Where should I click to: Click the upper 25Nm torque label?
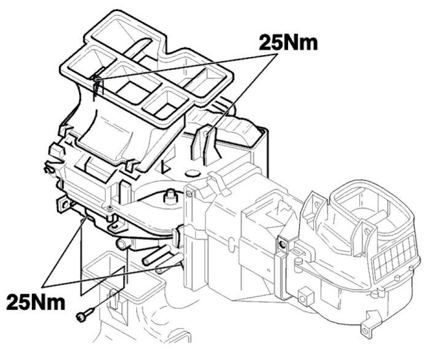288,43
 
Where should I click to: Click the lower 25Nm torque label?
36,302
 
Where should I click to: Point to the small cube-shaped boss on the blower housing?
304,297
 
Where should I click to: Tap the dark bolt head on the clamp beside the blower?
282,243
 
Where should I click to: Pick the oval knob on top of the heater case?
192,174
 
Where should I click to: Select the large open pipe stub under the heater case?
123,243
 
